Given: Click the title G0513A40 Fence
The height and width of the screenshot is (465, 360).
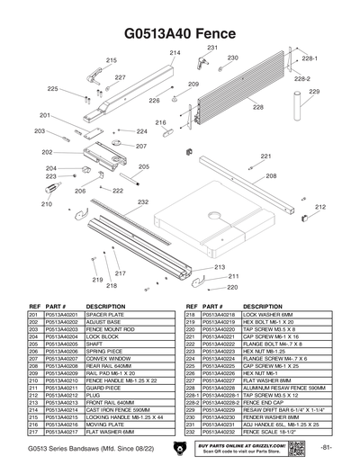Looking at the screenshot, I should coord(180,33).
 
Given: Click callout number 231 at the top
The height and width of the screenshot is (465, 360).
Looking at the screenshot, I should coord(212,47).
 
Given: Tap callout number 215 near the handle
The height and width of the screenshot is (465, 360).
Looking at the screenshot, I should coord(112,60).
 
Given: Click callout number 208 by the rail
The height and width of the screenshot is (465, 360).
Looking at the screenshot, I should coord(271,176).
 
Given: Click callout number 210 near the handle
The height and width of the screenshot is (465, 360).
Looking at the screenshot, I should coord(47,204).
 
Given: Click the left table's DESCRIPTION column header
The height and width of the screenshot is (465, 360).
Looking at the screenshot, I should coord(106,306).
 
